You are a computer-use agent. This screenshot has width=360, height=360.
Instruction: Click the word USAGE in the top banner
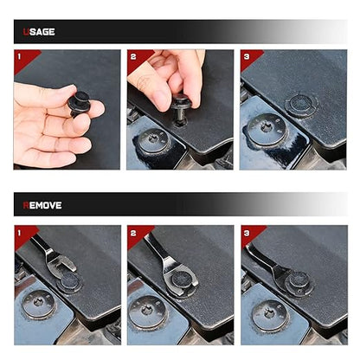coord(39,32)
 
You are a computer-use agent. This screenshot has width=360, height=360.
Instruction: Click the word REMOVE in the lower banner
coord(42,205)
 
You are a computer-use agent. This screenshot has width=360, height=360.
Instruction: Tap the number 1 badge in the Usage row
coord(19,56)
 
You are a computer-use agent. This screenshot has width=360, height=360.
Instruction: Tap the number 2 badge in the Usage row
coord(133,56)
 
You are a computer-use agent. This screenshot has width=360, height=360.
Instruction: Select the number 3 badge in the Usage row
coord(247,56)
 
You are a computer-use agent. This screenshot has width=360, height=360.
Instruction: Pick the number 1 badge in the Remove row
coord(19,233)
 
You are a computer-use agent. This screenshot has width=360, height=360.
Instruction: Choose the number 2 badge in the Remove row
coord(133,233)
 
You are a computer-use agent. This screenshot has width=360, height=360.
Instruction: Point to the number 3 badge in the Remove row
coord(247,233)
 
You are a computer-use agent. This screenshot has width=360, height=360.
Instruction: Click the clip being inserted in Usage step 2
coord(180,111)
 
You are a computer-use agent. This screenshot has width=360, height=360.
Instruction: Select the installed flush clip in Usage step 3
coord(301,105)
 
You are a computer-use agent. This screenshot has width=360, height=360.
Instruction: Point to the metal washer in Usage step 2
coord(153,141)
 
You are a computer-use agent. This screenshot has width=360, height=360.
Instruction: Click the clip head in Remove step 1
coord(69,282)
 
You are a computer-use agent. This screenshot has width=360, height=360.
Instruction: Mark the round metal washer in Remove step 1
coord(39,305)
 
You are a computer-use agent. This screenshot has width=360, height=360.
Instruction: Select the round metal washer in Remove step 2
coord(148,312)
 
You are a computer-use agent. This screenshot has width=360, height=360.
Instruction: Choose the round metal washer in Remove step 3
coord(270,316)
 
